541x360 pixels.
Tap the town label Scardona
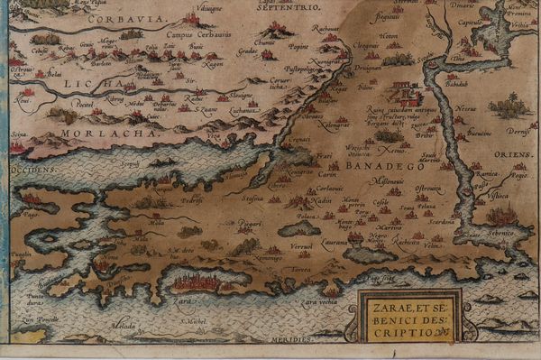[x=441, y=221]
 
